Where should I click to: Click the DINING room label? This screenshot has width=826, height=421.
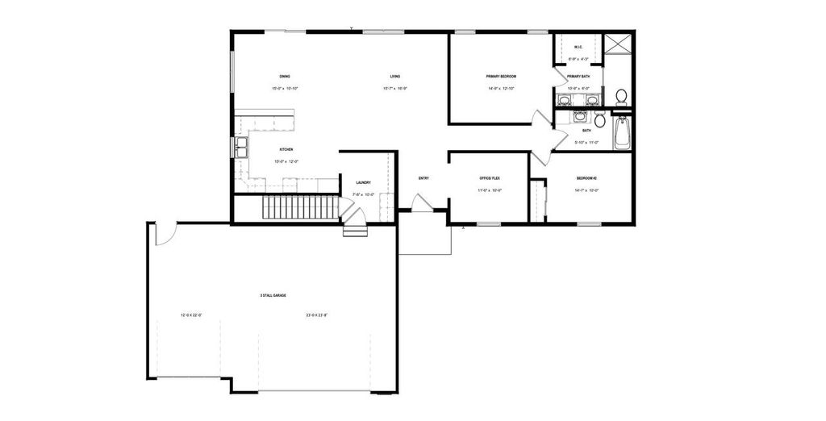285,76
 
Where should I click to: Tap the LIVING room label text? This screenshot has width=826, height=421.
394,76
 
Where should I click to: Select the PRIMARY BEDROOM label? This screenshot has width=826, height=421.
501,76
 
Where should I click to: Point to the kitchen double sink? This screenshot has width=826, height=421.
240,147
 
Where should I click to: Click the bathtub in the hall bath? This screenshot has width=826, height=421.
621,134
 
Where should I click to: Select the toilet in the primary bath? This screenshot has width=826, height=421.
621,97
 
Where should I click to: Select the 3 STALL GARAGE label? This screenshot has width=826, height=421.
273,296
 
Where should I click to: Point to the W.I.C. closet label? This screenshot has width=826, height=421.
578,47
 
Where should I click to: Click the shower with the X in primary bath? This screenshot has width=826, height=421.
619,44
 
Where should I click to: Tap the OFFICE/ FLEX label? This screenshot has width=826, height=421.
490,177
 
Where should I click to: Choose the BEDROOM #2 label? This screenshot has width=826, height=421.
586,177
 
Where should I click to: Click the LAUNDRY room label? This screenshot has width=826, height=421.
363,182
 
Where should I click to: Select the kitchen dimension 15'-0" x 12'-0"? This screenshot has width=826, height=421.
286,161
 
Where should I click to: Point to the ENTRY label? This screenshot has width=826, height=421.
423,177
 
